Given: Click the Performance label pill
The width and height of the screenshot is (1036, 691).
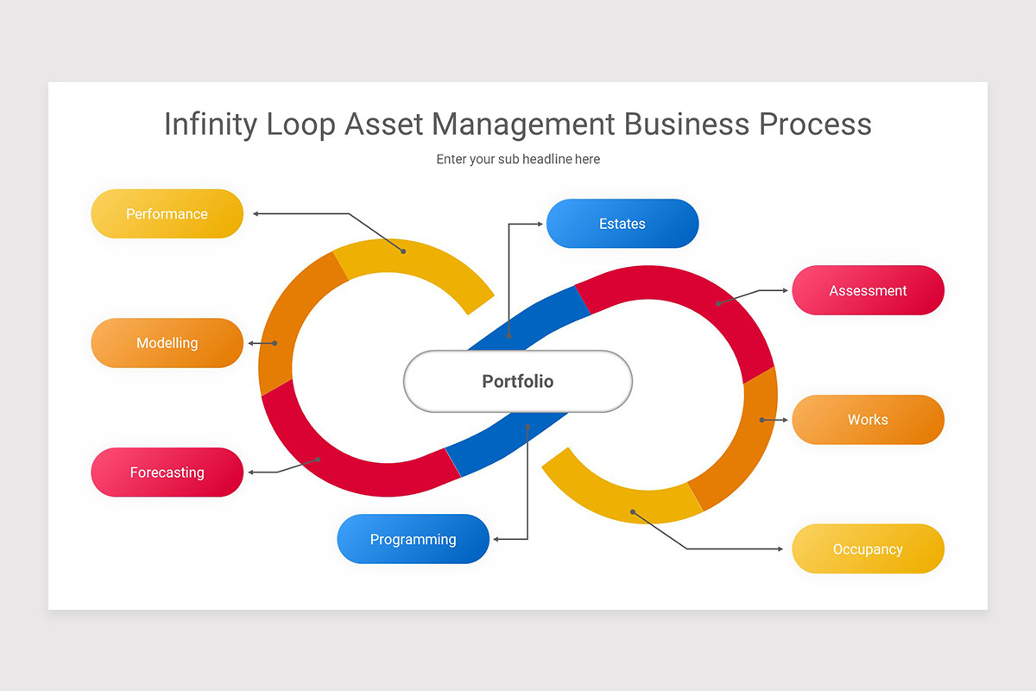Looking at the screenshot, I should click(x=167, y=214).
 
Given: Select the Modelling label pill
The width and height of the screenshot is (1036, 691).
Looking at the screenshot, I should click(x=167, y=343).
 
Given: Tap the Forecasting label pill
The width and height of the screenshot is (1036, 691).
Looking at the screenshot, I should click(x=167, y=472).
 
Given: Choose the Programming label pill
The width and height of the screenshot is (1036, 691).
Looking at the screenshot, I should click(x=413, y=539).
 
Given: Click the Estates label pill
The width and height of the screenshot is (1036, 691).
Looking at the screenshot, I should click(x=622, y=224).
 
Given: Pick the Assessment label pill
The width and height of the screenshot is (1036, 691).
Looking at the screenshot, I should click(x=868, y=290).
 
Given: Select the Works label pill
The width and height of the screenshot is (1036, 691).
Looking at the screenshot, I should click(x=868, y=420).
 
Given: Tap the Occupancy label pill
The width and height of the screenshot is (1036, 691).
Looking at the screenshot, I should click(x=868, y=549).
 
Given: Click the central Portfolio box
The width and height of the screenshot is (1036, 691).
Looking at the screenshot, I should click(x=517, y=381).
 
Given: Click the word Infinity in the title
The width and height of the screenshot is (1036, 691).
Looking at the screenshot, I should click(x=210, y=124).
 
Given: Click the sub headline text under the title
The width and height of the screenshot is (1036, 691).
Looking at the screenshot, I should click(x=517, y=159).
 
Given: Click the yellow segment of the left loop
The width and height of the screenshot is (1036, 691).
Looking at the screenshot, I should click(x=414, y=268).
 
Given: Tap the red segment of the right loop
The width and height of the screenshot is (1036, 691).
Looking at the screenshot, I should click(x=691, y=294).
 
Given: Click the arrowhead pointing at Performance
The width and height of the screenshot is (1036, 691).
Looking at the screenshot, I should click(x=256, y=213).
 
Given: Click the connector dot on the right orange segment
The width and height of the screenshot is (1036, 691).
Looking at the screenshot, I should click(x=761, y=420).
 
